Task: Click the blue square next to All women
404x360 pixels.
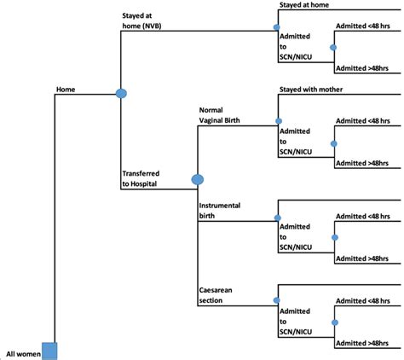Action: point(49,351)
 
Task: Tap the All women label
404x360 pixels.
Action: point(22,352)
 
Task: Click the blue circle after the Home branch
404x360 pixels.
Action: point(121,92)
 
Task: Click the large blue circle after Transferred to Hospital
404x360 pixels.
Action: point(198,179)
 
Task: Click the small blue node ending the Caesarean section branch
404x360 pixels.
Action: point(276,300)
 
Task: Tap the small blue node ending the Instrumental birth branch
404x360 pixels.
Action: point(276,218)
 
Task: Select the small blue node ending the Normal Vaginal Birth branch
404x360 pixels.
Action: point(276,120)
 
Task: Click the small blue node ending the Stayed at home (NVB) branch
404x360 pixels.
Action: point(276,26)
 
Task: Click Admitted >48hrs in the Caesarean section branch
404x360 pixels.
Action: point(359,342)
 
